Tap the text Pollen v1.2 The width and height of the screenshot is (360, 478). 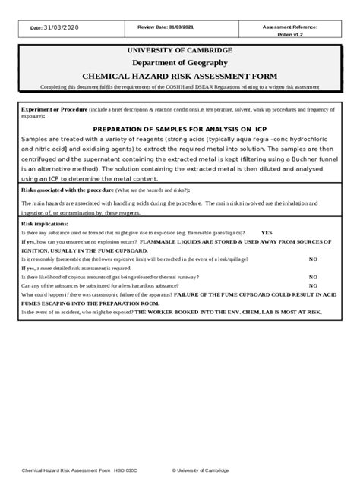point(290,35)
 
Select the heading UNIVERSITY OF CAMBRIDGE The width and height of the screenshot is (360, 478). point(180,50)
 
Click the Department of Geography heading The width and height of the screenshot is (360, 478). point(180,63)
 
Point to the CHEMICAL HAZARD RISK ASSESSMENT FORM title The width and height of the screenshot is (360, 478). point(180,76)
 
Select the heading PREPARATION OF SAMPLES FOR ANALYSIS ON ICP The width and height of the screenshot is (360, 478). point(180,128)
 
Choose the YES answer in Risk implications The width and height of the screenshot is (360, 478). point(267,233)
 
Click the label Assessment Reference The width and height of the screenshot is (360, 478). point(290,27)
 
